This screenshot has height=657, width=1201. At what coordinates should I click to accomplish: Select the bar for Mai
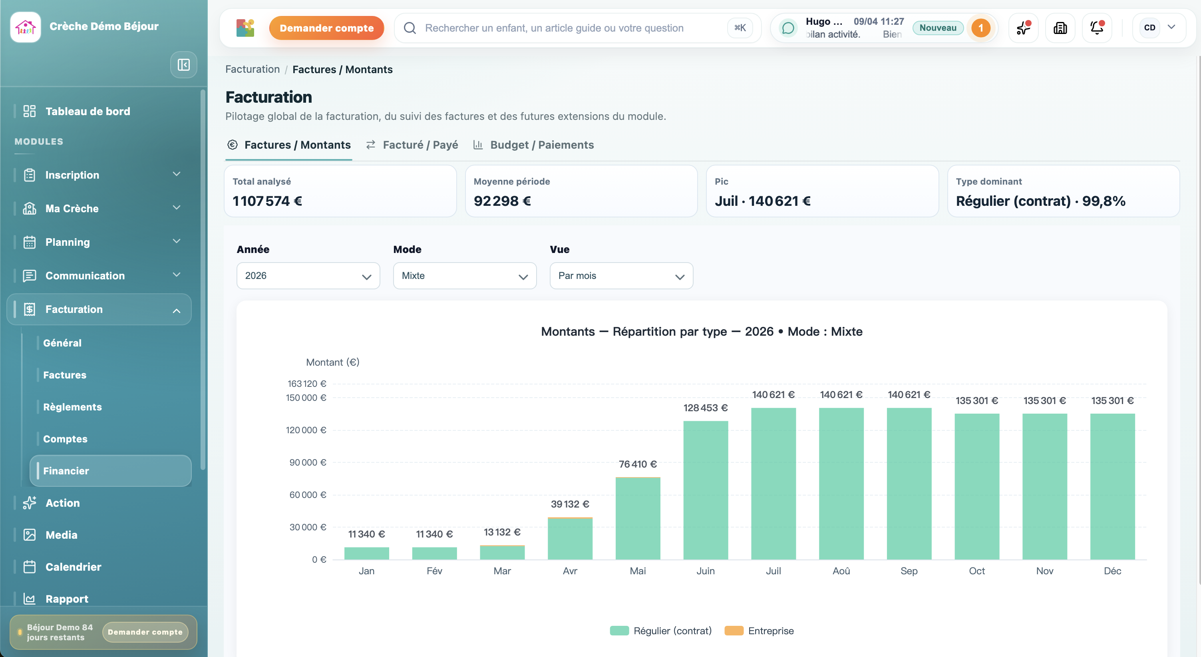tap(637, 518)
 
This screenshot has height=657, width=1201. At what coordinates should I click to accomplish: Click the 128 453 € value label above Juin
tap(705, 408)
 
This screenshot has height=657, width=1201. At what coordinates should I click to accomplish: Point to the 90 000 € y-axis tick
tap(307, 462)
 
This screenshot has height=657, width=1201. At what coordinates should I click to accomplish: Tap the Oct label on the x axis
tap(976, 571)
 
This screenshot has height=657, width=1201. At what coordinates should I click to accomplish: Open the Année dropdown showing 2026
tap(308, 276)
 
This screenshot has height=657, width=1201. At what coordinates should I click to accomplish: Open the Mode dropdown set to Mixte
tap(464, 276)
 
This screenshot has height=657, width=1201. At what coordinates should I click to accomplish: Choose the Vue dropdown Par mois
tap(621, 276)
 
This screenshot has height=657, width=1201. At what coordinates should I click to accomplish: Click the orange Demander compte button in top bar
tap(326, 28)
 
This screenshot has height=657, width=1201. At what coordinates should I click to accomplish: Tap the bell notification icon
tap(1097, 28)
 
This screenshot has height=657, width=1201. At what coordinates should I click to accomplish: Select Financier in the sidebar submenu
tap(66, 470)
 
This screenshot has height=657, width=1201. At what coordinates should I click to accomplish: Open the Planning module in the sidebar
tap(68, 242)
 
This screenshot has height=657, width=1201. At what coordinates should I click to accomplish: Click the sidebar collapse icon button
tap(184, 65)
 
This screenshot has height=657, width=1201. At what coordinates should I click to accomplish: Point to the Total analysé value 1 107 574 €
tap(267, 201)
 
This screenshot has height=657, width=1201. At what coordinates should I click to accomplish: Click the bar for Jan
tap(366, 553)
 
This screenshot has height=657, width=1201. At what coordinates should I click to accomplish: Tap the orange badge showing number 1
tap(980, 28)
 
